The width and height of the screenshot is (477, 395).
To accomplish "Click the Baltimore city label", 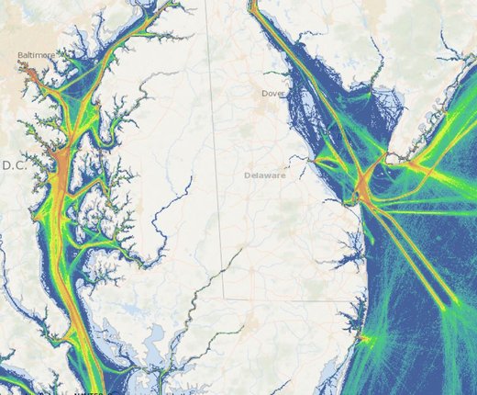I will [36, 55].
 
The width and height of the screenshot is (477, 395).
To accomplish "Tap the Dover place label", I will [273, 93].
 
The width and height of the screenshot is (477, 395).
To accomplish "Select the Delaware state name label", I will [265, 175].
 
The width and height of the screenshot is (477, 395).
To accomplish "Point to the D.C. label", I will [14, 165].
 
